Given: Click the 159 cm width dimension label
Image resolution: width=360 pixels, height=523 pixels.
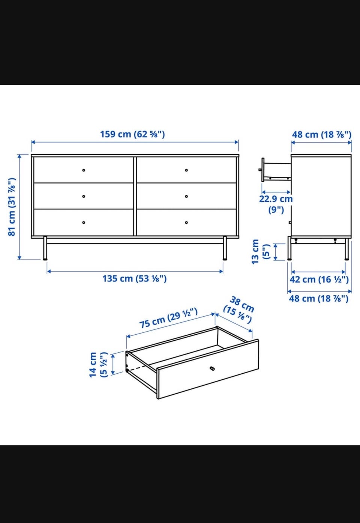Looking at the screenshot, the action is coord(132,134).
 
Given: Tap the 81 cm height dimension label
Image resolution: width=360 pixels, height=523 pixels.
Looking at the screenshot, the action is coord(12,207).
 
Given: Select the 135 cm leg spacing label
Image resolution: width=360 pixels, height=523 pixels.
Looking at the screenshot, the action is coord(135,278).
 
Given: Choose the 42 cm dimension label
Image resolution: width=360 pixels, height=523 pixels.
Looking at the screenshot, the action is coord(319,279).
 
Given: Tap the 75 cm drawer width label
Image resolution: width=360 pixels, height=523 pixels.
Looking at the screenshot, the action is coord(168,318).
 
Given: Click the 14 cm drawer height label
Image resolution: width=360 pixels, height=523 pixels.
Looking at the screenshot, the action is coord(98,364).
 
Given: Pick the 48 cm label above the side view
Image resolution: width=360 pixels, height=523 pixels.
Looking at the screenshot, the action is coord(321,135).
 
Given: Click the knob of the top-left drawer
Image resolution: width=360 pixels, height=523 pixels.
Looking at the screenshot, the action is coord(84,170).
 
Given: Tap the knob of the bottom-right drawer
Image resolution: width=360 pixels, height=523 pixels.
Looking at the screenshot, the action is coord(186,222).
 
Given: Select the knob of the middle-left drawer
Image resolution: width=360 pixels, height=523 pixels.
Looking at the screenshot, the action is coord(84,196).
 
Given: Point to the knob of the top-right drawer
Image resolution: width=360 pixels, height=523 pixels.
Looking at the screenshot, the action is coord(186,170).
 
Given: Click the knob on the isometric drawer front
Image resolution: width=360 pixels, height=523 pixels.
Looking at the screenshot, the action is coord(212,368).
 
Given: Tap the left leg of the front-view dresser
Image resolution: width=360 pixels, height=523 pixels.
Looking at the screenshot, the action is coord(45,248).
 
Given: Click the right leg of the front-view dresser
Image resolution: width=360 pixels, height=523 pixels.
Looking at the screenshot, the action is coord(225,248).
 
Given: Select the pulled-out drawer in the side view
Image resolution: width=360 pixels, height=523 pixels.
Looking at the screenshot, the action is coord(275,170).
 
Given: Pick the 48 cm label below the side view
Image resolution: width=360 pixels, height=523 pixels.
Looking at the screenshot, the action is coord(319,299).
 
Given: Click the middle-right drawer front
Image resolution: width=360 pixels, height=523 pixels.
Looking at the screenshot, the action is coord(186,196).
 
